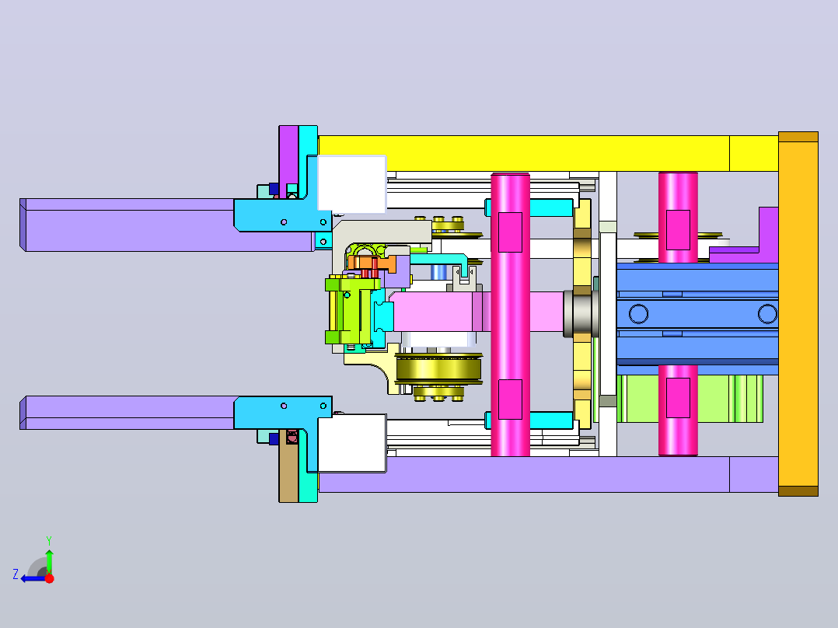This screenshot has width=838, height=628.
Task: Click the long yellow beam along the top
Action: [548, 153]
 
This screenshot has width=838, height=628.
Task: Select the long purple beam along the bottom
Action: [548, 474]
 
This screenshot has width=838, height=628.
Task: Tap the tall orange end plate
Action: [798, 314]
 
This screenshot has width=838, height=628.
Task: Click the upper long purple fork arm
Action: [128, 225]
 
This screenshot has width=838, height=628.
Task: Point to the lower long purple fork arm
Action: [128, 413]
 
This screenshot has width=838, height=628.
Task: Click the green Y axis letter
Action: [49, 540]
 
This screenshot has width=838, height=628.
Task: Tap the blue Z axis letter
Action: [16, 574]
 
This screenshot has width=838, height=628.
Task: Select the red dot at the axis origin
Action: [49, 578]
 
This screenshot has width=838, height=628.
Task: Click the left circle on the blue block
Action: [638, 314]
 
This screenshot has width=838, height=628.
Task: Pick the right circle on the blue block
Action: [767, 314]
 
